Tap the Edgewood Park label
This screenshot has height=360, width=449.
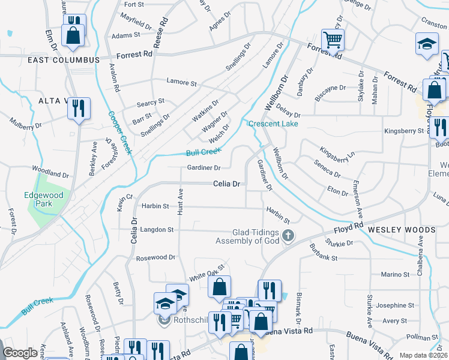point(38,199)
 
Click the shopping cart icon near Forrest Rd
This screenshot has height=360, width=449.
point(333,41)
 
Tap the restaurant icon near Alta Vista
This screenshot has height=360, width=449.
point(79,108)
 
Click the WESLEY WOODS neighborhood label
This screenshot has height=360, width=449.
point(401,230)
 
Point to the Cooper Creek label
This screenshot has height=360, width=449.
point(119,133)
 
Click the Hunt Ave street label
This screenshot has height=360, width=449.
point(179,200)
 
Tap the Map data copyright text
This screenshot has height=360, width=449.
point(423,355)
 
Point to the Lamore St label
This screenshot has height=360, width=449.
point(181,83)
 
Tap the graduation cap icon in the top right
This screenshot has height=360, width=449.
point(427,44)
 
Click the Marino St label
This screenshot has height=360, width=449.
point(394,274)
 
